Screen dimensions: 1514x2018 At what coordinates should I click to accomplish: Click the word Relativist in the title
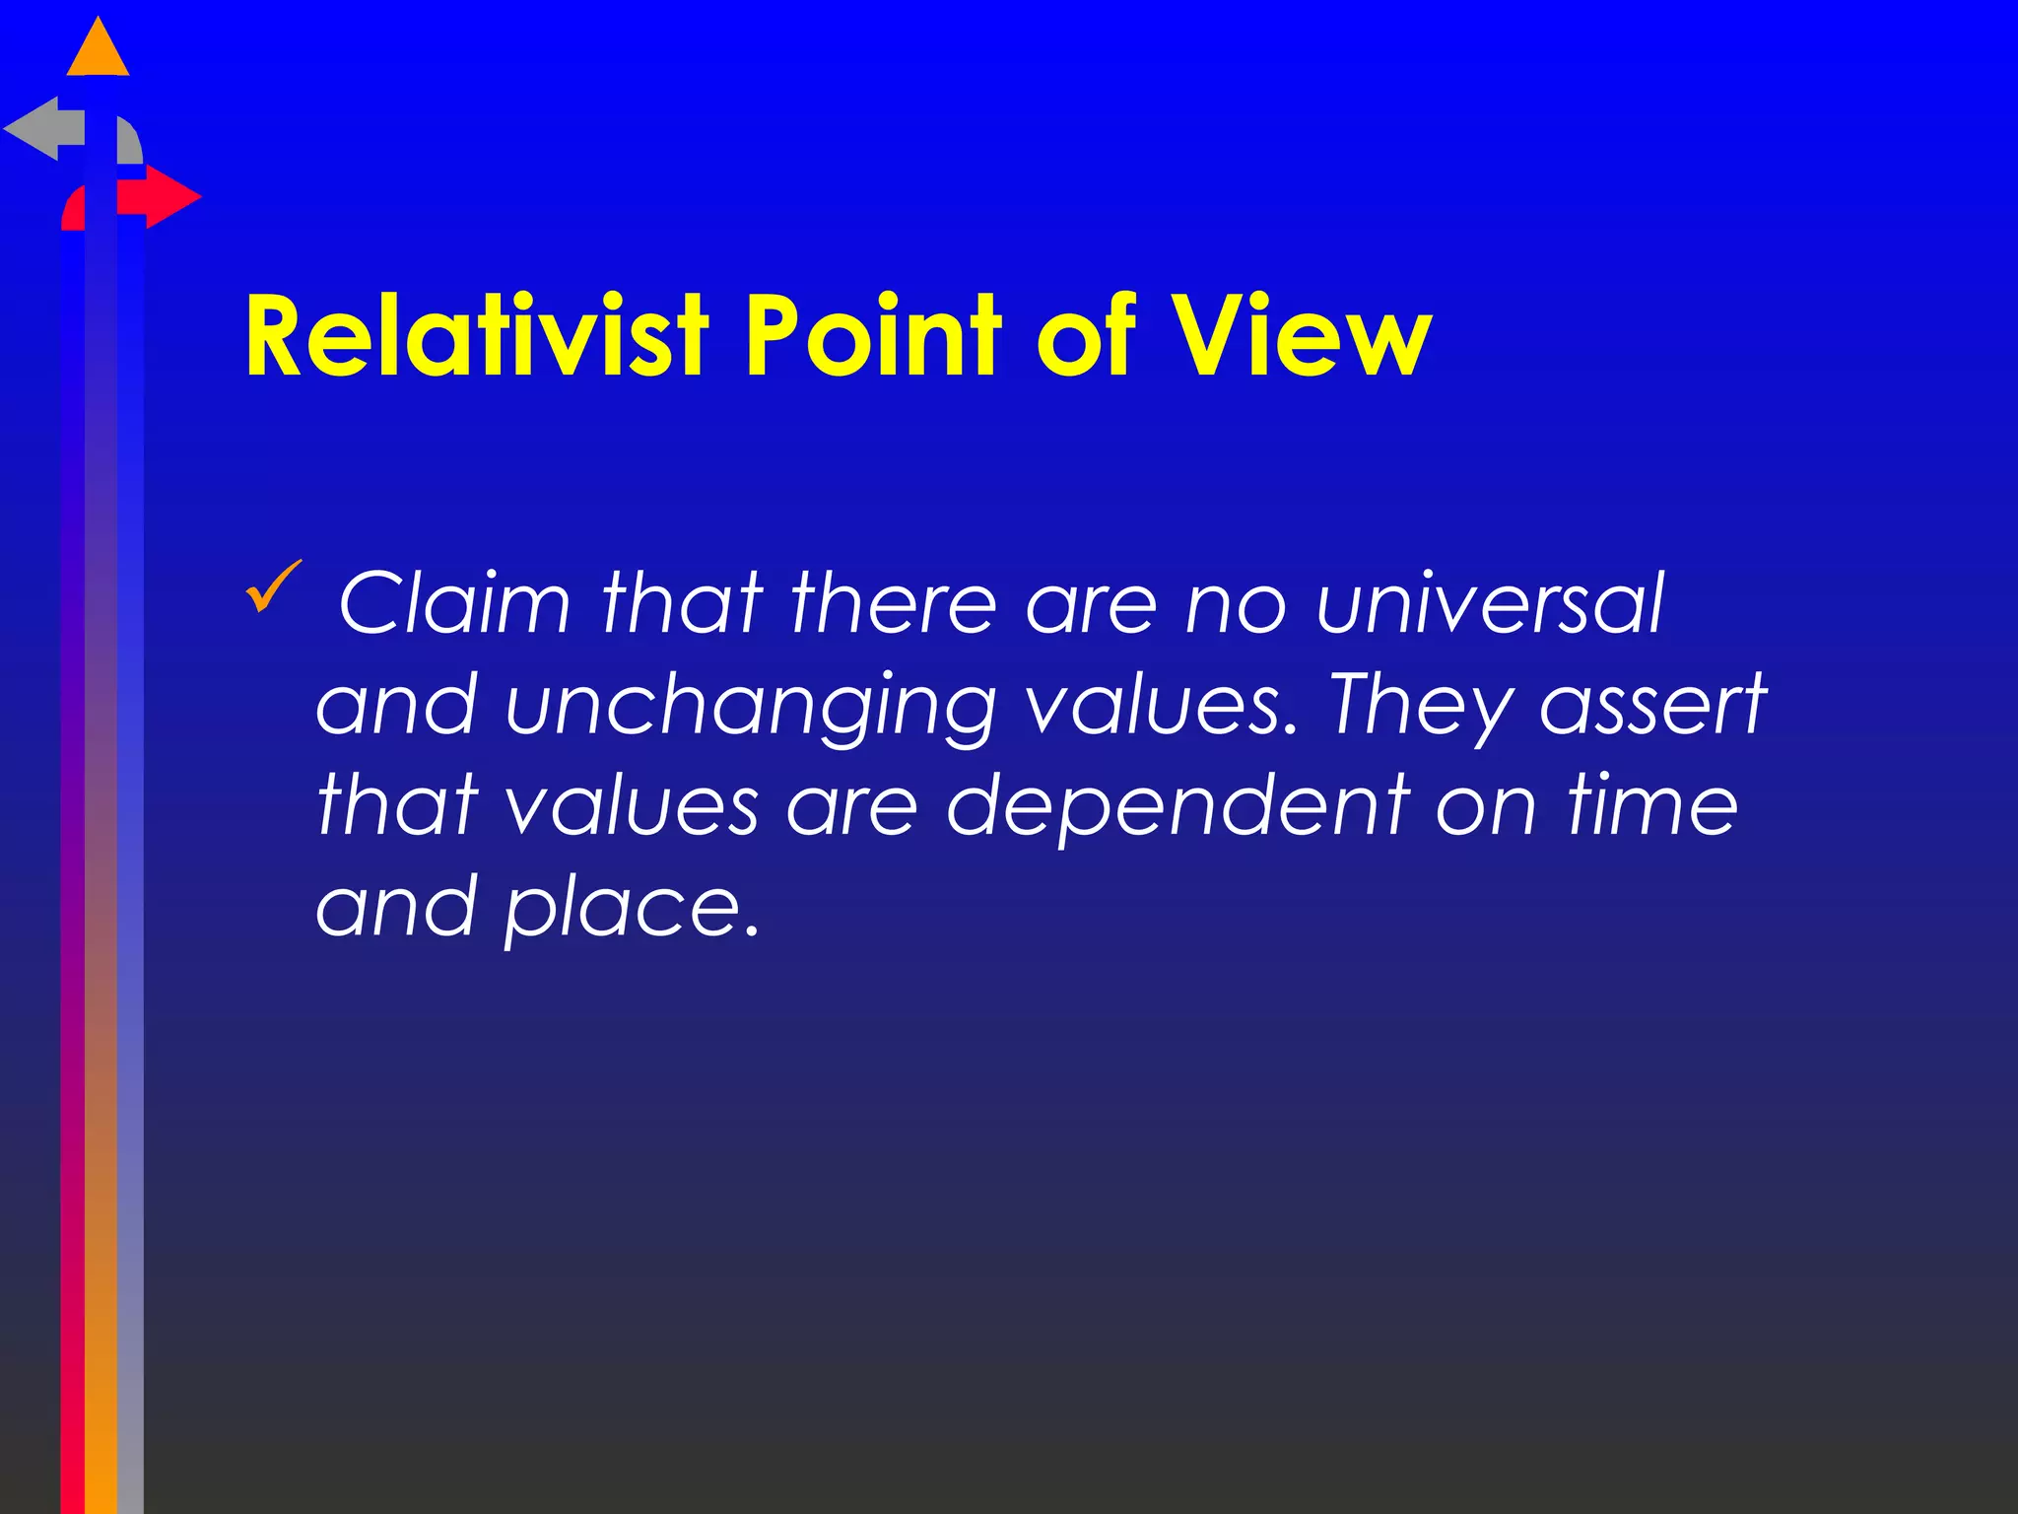pos(477,336)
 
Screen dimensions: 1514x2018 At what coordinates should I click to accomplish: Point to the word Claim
pos(454,602)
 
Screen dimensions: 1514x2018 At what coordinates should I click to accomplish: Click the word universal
pos(1489,602)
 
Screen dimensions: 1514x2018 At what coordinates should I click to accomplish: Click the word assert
pos(1653,706)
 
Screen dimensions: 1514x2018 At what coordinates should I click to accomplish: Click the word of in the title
pos(1087,336)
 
